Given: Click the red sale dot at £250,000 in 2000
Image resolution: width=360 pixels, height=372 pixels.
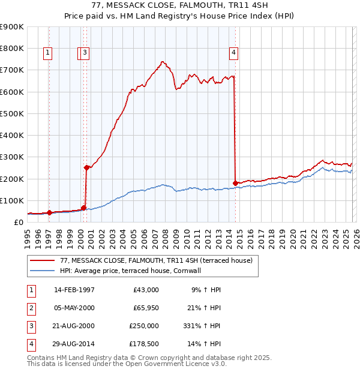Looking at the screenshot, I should click(86, 168).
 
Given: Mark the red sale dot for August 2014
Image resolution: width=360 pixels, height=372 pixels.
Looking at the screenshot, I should click(235, 183).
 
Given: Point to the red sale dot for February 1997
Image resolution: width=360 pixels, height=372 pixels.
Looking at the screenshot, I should click(50, 212).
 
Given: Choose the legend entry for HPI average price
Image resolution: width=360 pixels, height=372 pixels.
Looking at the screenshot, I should click(130, 271).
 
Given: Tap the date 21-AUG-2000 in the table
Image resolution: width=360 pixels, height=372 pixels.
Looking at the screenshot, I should click(74, 326).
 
